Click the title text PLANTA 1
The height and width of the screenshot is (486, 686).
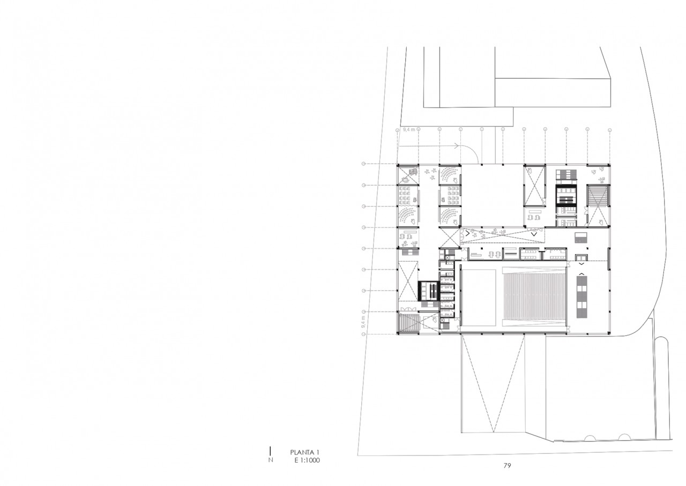(x=304, y=452)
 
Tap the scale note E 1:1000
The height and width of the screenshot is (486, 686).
(x=307, y=460)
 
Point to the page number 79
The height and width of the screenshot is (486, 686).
(x=507, y=466)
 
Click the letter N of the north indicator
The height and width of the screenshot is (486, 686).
(x=271, y=460)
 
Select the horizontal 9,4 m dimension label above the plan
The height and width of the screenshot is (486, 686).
(x=409, y=130)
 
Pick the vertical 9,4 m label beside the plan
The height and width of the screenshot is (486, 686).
(x=363, y=322)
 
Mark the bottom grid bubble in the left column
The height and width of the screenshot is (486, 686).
(x=363, y=335)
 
